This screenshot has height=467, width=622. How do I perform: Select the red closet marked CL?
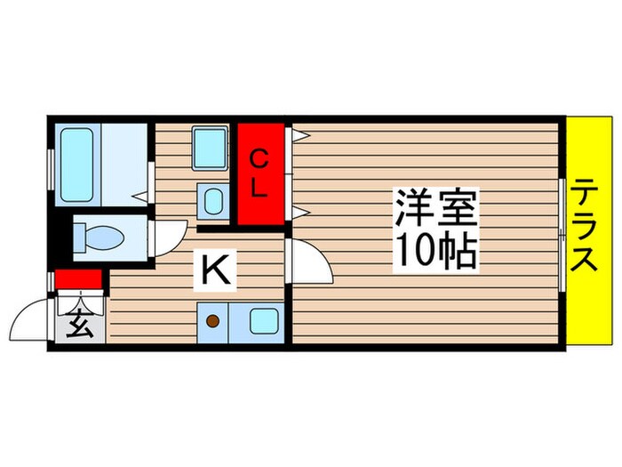pyautogui.click(x=259, y=174)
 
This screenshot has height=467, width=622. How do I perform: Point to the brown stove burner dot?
pyautogui.click(x=213, y=320)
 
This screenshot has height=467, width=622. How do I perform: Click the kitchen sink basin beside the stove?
pyautogui.click(x=262, y=320)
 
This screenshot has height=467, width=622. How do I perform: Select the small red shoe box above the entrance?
pyautogui.click(x=79, y=280)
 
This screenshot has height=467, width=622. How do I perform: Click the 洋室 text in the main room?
pyautogui.click(x=437, y=212)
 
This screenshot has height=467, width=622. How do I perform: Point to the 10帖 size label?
pyautogui.click(x=437, y=252)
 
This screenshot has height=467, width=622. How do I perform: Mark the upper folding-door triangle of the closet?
pyautogui.click(x=299, y=135)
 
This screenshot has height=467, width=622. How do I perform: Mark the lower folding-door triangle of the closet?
pyautogui.click(x=299, y=212)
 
